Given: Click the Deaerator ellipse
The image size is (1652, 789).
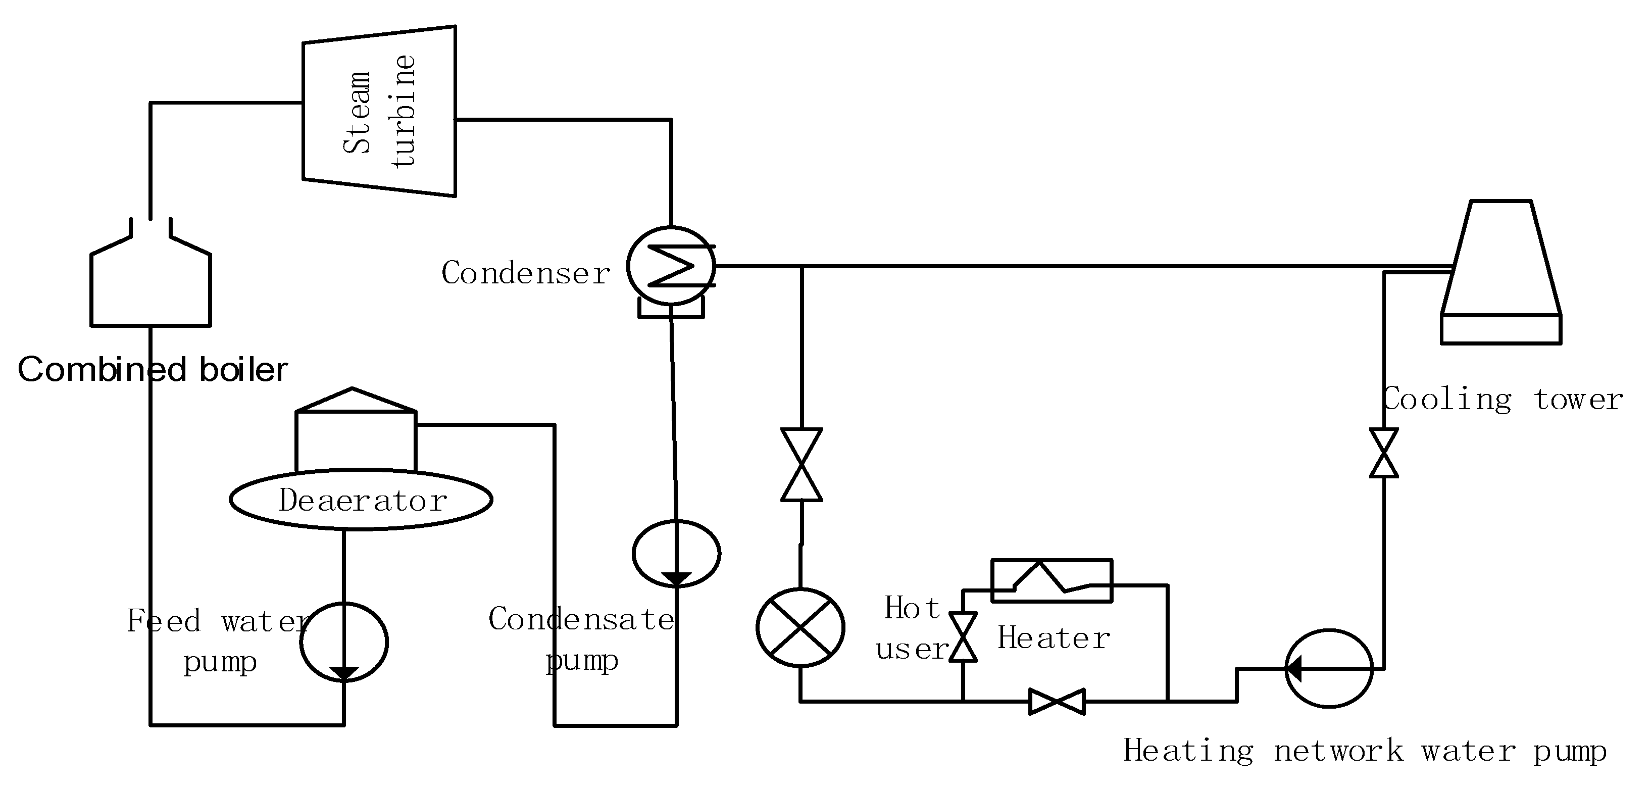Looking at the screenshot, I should click(x=361, y=500).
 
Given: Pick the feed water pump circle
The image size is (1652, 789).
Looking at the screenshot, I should click(x=344, y=642).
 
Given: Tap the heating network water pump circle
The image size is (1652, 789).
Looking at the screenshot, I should click(x=1329, y=668).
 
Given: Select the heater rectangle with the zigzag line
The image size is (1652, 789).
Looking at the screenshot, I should click(x=1052, y=580).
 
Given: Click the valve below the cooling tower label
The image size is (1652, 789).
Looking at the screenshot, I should click(x=1384, y=453).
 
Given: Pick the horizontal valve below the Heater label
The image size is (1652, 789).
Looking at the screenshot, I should click(x=1057, y=701).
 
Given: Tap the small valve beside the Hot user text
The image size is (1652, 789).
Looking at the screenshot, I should click(x=963, y=637).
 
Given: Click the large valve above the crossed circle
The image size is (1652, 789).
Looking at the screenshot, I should click(x=802, y=464).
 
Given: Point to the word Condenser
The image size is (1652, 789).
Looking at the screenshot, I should click(x=526, y=273).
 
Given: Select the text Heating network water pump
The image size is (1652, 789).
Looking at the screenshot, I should click(x=1365, y=751).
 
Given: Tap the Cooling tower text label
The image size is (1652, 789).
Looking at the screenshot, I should click(x=1503, y=399).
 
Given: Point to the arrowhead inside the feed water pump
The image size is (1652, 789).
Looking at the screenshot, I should click(x=344, y=673).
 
